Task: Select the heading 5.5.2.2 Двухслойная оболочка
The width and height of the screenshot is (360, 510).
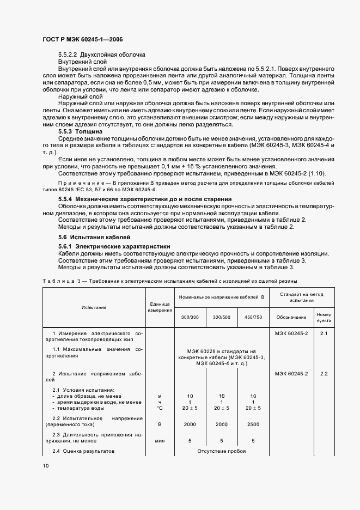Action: click(101, 55)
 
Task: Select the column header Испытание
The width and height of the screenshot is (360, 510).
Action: click(94, 307)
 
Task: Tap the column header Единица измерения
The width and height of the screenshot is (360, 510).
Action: click(160, 307)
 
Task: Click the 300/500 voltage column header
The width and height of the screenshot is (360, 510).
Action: click(221, 317)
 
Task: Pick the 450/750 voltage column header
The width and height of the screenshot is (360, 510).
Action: click(253, 317)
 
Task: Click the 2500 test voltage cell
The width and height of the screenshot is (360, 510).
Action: click(253, 423)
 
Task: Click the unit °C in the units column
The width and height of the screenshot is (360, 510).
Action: click(160, 408)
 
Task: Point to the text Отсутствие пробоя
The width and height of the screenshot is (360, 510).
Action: click(222, 452)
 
